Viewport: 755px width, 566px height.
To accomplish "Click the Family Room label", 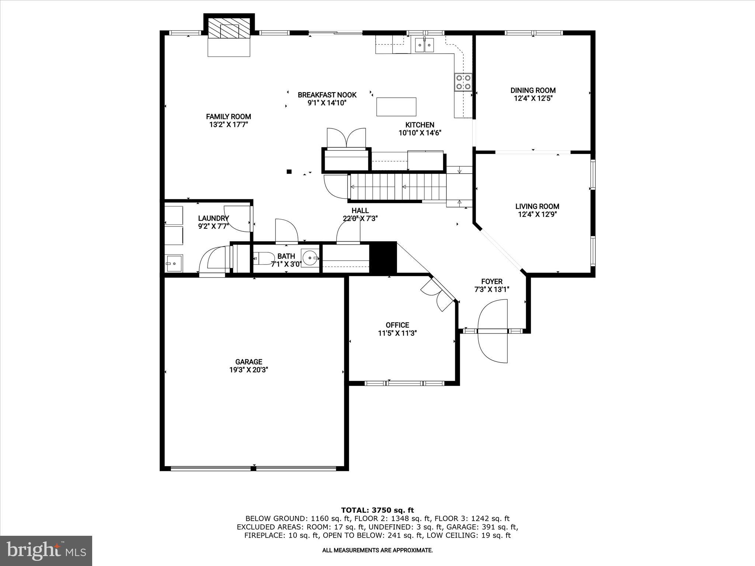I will pos(228,116).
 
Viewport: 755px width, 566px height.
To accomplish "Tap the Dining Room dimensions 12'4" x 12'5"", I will pos(533,98).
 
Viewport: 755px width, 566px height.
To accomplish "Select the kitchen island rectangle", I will pos(396,107).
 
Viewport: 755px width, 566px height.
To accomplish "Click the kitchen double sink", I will pos(425,45).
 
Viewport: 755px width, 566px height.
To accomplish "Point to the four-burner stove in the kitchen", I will pos(463,82).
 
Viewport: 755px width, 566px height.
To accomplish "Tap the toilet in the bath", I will pos(263,258).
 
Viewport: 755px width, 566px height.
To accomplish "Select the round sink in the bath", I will pos(310,257).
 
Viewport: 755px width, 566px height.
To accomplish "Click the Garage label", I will pos(249,362).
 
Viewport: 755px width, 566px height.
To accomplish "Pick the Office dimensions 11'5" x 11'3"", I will pos(397,333).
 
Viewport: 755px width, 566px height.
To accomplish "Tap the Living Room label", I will pos(537,206).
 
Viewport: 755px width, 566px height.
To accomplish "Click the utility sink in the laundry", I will pos(174,263).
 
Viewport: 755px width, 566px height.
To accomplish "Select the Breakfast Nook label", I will pos(327,95).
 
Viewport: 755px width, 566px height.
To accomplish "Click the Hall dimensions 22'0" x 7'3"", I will pos(360,218).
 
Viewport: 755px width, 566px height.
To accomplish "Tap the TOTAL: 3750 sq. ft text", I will pos(377,510).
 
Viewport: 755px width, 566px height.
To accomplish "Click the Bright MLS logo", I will pos(46,551).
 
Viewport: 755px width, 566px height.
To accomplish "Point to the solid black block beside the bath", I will pos(383,257).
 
